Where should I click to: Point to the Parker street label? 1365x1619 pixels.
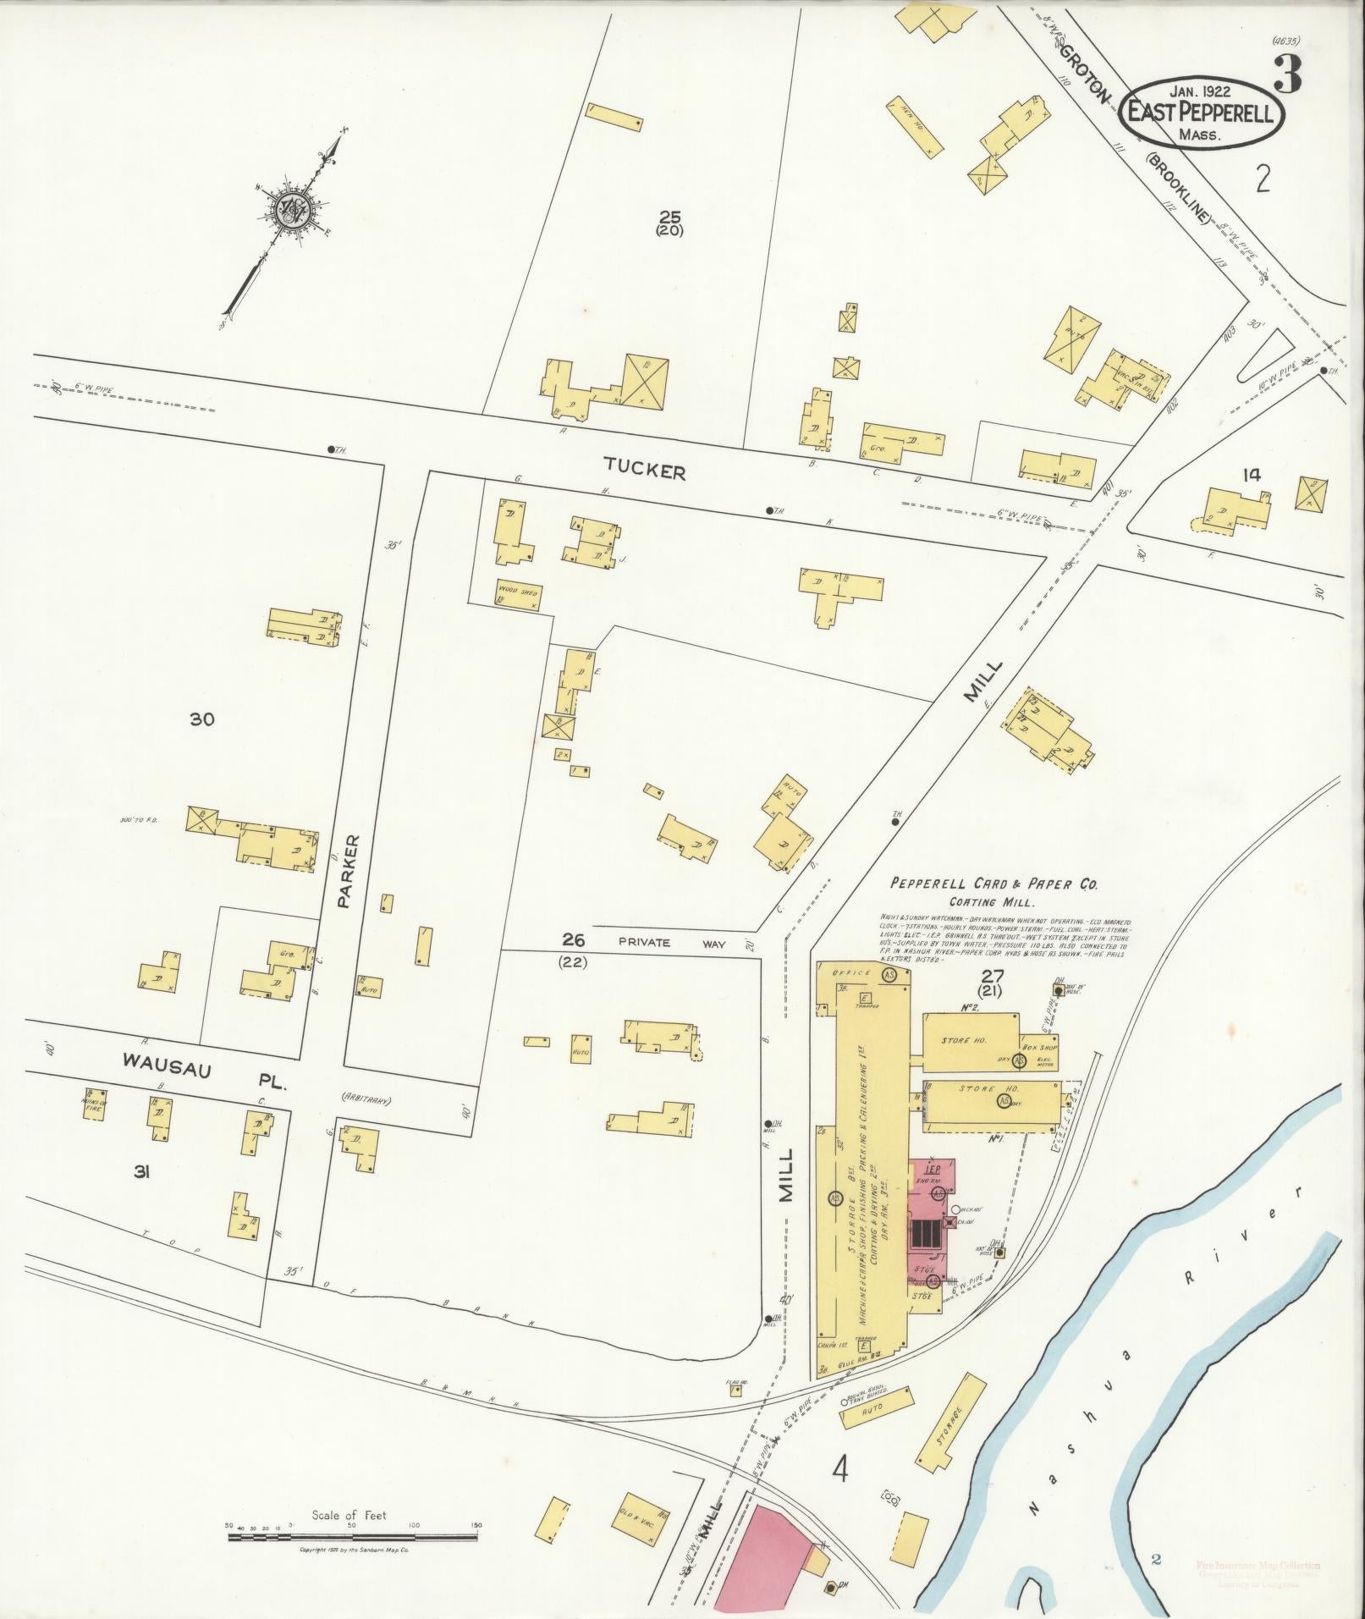click(352, 872)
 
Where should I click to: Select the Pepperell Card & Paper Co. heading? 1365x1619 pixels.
click(993, 884)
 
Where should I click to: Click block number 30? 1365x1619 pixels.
click(201, 720)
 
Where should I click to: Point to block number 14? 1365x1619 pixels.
click(1251, 475)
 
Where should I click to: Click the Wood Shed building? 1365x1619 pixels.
click(518, 594)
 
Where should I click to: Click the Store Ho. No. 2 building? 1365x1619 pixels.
click(970, 1040)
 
